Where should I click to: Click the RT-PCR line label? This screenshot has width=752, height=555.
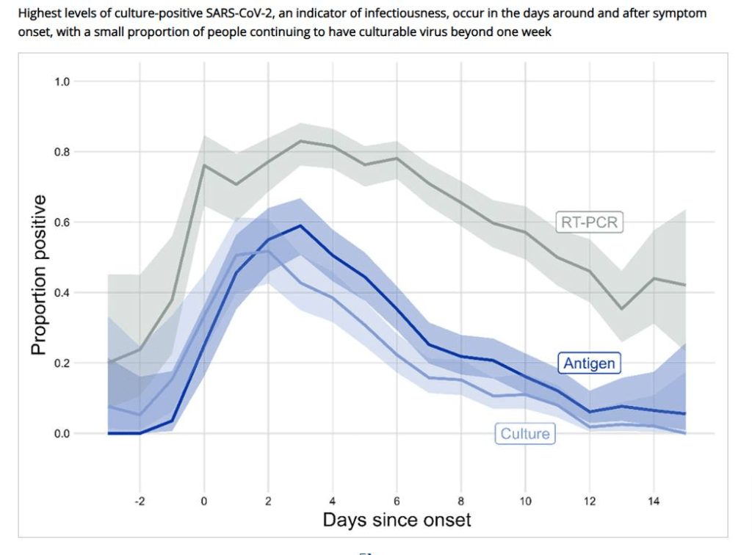589,222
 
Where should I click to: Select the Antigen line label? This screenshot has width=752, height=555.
589,363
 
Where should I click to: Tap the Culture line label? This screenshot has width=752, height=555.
524,434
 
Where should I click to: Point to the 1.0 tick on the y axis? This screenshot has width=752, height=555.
62,81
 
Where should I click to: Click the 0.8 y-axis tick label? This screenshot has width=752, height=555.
62,152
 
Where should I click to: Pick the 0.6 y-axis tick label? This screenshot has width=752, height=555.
62,222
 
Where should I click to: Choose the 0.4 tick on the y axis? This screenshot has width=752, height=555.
62,293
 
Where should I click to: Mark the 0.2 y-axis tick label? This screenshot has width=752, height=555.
62,363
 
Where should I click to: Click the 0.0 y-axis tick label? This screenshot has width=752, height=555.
62,434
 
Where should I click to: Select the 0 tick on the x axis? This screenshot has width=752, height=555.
203,501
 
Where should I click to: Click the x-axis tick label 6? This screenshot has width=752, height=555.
397,501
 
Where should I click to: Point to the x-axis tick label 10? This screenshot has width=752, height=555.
525,501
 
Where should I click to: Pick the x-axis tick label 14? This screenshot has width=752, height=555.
654,501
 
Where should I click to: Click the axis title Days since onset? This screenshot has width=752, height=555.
397,520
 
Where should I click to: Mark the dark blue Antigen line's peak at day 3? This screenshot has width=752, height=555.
300,226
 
